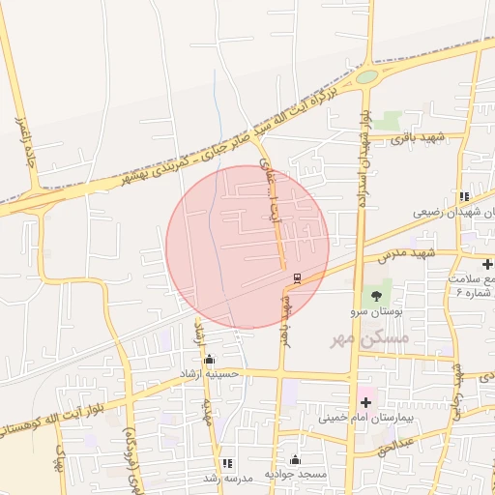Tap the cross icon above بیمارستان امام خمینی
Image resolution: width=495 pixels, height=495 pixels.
[x=365, y=400]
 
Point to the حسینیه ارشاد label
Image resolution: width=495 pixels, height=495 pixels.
[x=209, y=373]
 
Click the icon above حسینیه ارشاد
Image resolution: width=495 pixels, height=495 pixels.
[x=209, y=358]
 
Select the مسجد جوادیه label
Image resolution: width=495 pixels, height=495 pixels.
[x=296, y=477]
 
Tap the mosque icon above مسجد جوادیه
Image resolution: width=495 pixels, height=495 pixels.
[x=296, y=460]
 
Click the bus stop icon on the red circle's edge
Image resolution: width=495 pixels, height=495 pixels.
[x=296, y=278]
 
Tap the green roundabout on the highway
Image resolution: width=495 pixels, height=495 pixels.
[x=366, y=76]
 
